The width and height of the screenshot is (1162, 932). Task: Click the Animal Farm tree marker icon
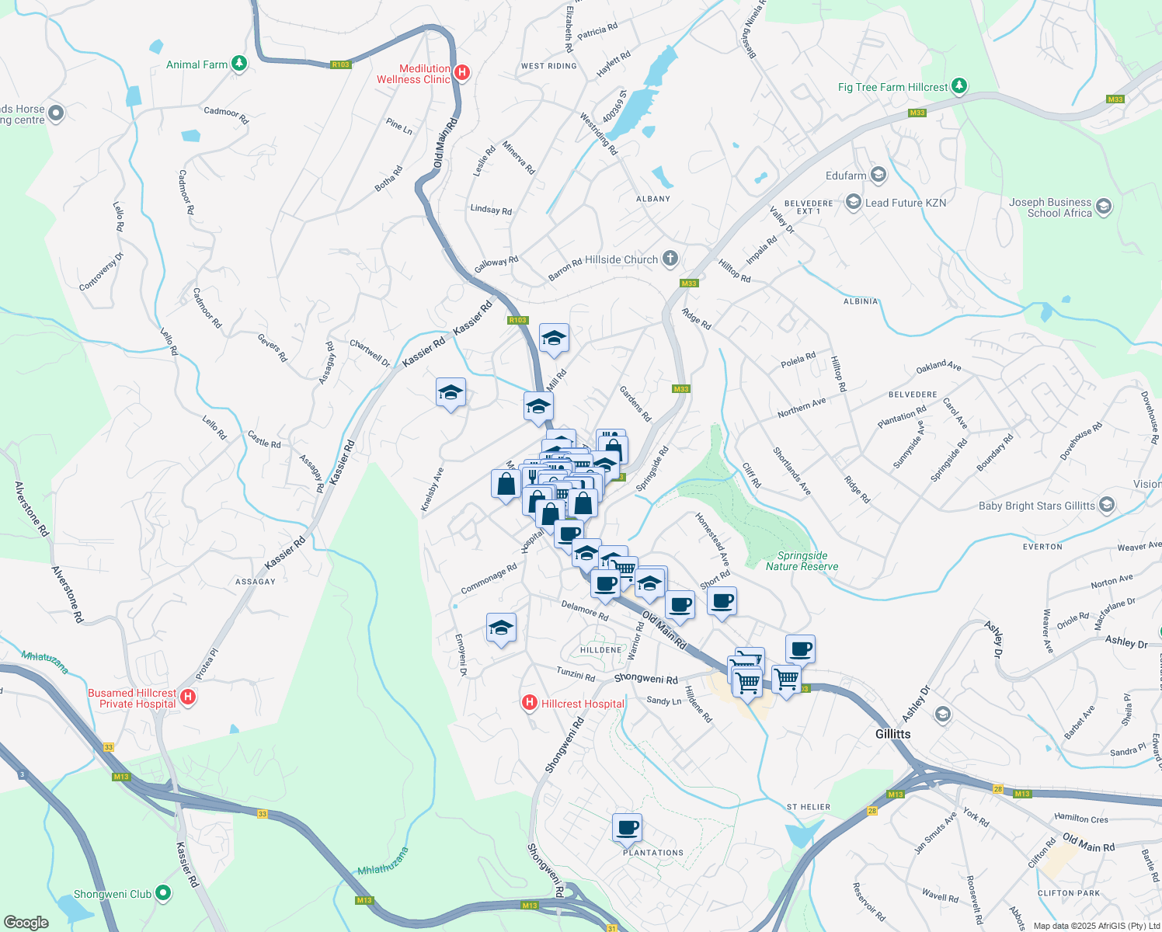click(239, 64)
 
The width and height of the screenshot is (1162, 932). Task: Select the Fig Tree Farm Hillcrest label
click(892, 87)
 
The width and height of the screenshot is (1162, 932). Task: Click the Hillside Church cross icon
click(670, 259)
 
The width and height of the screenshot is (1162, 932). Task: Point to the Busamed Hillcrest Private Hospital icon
click(187, 697)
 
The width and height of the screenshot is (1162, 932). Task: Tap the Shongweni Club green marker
click(162, 894)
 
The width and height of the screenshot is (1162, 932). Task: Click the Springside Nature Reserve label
click(802, 561)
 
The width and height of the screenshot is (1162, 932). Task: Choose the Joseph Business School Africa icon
click(1104, 207)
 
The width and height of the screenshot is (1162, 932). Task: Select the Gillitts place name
click(892, 734)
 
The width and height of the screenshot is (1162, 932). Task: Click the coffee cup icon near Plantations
click(627, 828)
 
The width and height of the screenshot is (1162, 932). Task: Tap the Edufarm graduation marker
click(878, 175)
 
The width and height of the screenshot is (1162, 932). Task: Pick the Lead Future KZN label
click(906, 203)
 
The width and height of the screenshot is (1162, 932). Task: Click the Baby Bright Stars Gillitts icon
click(1107, 506)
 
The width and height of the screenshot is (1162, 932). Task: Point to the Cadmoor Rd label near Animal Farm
click(226, 115)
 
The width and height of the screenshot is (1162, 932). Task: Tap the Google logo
click(26, 923)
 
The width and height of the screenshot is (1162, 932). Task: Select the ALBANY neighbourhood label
click(652, 199)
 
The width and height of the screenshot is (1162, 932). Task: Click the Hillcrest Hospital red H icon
click(530, 704)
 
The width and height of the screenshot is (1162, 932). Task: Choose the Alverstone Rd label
click(32, 509)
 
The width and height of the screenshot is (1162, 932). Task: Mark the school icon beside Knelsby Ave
click(451, 393)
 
